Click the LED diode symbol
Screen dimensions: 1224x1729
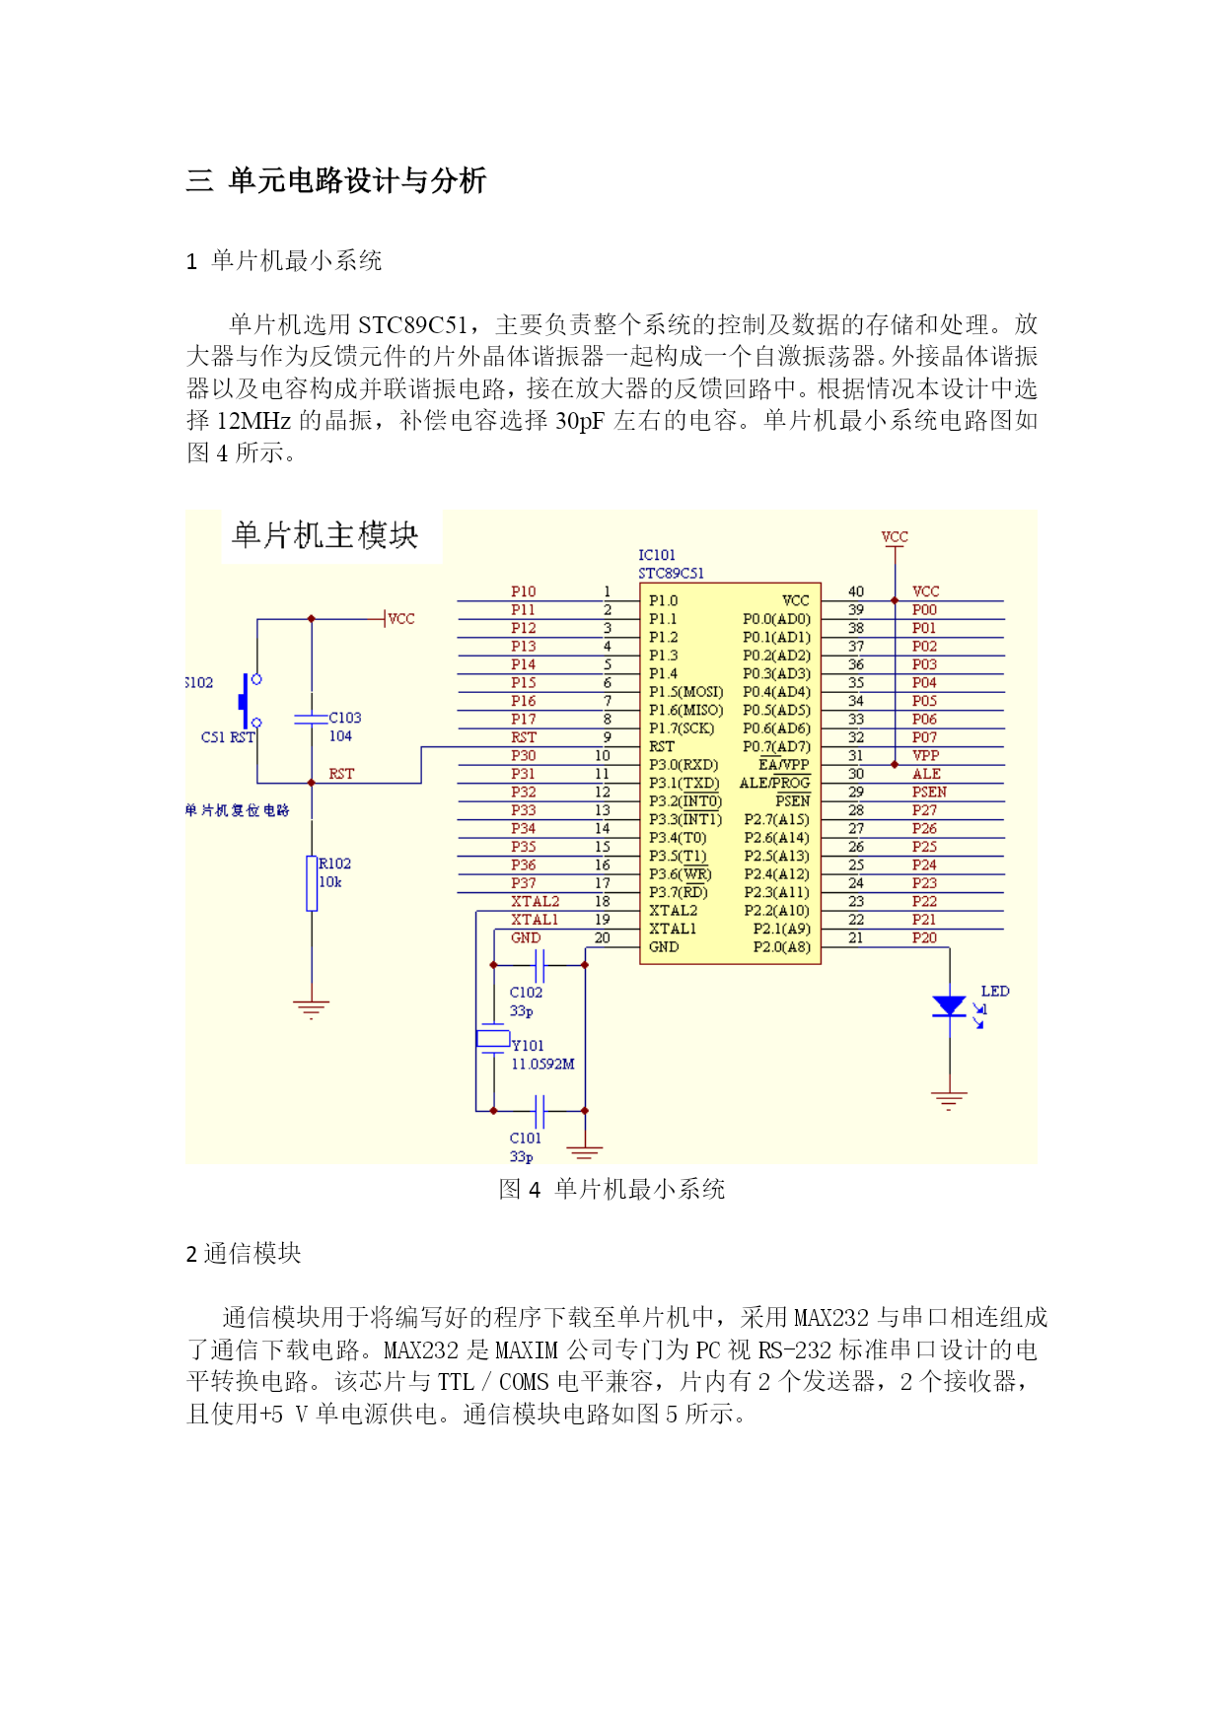click(x=949, y=1005)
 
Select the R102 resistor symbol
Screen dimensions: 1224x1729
click(x=312, y=883)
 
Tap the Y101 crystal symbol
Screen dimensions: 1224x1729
click(x=493, y=1038)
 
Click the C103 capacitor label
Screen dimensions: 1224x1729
click(x=345, y=718)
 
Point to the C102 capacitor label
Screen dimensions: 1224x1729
click(x=526, y=993)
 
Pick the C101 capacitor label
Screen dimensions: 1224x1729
click(x=526, y=1139)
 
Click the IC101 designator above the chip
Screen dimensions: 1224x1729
click(x=657, y=555)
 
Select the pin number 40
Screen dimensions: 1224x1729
click(x=856, y=591)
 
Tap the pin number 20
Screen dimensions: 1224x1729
click(x=603, y=937)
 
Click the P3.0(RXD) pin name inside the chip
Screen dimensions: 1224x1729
click(x=684, y=764)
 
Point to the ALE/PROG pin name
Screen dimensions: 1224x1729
click(x=774, y=783)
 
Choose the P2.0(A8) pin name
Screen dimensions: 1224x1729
click(x=782, y=947)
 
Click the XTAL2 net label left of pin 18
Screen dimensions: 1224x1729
click(x=535, y=901)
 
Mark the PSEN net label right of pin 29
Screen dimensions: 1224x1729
click(x=929, y=792)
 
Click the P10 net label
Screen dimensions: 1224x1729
click(x=523, y=591)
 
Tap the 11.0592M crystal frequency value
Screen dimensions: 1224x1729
click(x=542, y=1065)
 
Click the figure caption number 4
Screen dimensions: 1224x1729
click(x=535, y=1190)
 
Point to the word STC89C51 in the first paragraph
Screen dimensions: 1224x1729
click(x=413, y=325)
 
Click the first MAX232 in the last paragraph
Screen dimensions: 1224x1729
click(x=831, y=1318)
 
